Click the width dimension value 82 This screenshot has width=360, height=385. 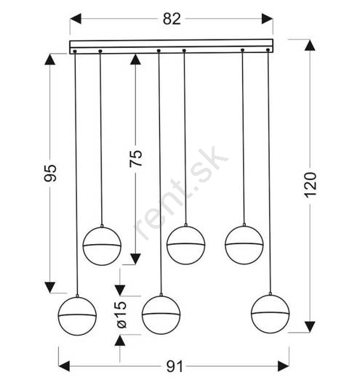click(172, 19)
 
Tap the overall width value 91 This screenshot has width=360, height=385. click(175, 367)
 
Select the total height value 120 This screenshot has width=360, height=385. click(310, 185)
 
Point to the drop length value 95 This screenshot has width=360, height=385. click(50, 173)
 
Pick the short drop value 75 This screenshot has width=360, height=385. click(136, 158)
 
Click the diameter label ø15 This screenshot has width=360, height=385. click(121, 315)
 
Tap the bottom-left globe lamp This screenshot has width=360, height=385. click(77, 316)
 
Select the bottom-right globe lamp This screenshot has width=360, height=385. click(271, 314)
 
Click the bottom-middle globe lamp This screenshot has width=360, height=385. click(161, 315)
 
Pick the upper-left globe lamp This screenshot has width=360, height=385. click(102, 246)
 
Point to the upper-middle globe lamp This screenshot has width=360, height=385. click(186, 245)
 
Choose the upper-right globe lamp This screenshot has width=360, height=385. click(244, 245)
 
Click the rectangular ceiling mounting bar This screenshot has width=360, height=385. click(172, 46)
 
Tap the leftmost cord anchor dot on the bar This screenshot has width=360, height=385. click(75, 52)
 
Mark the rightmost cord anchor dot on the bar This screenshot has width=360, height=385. click(268, 50)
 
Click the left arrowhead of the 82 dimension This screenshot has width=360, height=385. click(76, 19)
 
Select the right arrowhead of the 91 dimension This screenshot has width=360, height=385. click(284, 366)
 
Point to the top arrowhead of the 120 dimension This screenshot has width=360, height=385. click(310, 45)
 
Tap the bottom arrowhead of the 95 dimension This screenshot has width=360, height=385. click(50, 288)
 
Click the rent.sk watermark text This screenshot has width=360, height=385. click(181, 193)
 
